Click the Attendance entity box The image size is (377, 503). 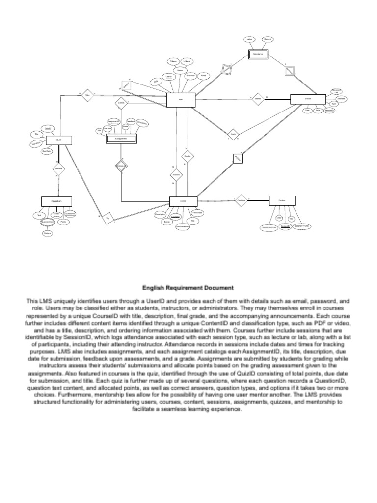coord(259,55)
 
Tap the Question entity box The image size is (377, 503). coord(56,201)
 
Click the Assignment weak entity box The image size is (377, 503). coord(121,139)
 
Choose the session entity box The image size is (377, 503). coord(308,99)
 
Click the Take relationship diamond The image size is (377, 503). coord(87,95)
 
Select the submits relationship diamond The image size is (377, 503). coord(121,103)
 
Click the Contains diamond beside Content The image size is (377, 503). coord(241,200)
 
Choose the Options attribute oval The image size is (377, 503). coord(47,233)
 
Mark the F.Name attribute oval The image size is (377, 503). coord(173,61)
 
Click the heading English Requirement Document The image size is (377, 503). coord(188,288)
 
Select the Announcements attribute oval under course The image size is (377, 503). coord(183,226)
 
